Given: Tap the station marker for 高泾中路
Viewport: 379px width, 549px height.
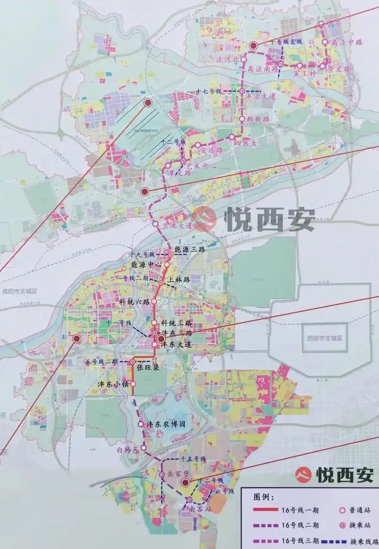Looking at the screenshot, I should (x=325, y=42).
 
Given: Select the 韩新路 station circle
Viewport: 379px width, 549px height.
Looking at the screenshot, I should (x=243, y=119).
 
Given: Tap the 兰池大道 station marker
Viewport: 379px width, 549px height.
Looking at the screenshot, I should (x=154, y=224).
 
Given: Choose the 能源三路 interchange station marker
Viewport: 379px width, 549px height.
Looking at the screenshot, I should (x=171, y=255).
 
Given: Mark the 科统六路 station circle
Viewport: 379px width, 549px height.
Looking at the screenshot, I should (x=153, y=301).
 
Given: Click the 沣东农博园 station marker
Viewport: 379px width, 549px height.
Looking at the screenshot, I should (x=140, y=424).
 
